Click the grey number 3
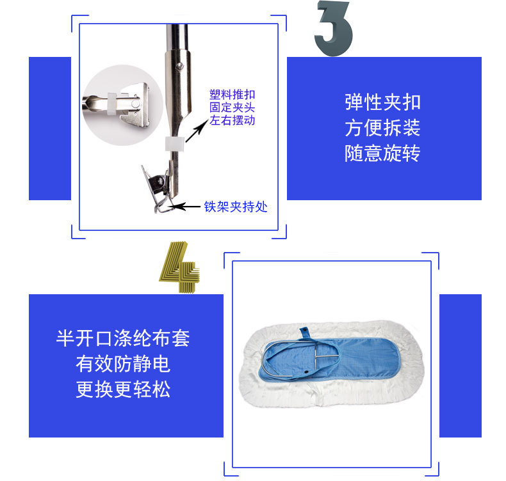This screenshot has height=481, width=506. point(334,28)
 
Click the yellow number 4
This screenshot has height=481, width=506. point(179,267)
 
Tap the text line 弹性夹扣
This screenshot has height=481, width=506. point(383,102)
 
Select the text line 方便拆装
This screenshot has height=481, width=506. point(383,127)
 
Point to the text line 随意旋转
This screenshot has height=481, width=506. point(383,153)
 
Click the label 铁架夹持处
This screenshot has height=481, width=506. point(236,207)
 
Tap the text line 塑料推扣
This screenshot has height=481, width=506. point(233,95)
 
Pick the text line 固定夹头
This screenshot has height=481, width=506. point(233,107)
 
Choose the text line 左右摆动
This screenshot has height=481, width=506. point(233,120)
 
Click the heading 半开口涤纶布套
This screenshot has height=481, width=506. point(123,338)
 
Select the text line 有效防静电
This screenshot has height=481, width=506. point(123,364)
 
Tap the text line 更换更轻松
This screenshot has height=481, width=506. point(123,389)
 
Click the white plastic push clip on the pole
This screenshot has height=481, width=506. point(175,144)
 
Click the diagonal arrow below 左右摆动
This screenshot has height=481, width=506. point(197,130)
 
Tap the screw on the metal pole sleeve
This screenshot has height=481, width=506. point(180,67)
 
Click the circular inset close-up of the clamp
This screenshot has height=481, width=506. point(122,105)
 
